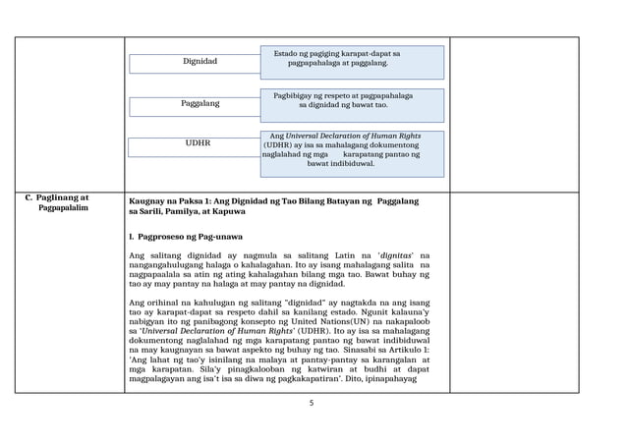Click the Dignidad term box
click(x=200, y=62)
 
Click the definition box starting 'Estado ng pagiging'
click(x=352, y=58)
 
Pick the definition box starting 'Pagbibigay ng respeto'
click(x=352, y=99)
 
